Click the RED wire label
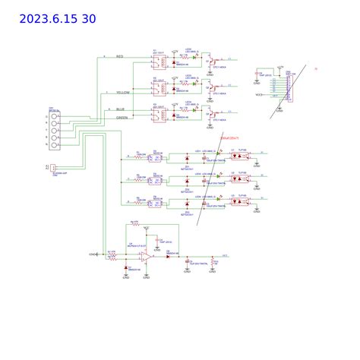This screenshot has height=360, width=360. (x=119, y=56)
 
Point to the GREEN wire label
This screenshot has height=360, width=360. (x=122, y=118)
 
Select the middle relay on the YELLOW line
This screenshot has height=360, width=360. (x=158, y=90)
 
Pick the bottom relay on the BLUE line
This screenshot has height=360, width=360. (x=158, y=115)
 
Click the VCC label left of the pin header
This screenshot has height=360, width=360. (x=259, y=95)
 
